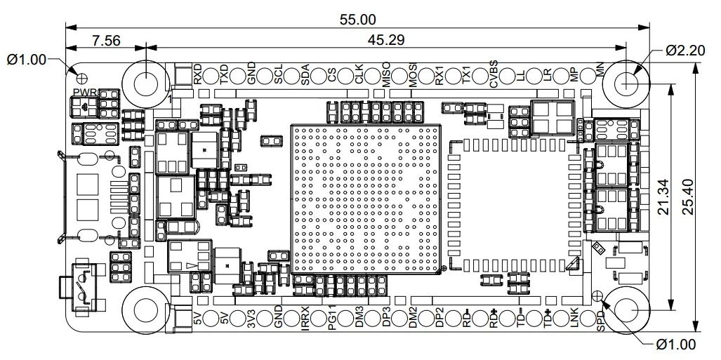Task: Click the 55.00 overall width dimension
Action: point(357,20)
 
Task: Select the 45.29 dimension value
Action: point(385,41)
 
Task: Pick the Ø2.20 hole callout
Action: point(685,51)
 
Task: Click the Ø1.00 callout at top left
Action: point(25,60)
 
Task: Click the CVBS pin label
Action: point(494,74)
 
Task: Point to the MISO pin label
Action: point(386,74)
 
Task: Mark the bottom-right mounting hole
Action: point(626,310)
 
